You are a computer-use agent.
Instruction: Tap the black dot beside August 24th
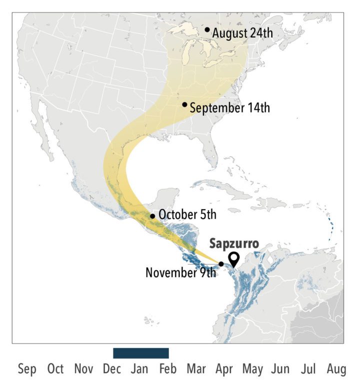tap(207, 30)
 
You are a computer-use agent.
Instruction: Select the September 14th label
tap(230, 107)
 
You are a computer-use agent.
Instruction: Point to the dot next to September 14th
tap(185, 104)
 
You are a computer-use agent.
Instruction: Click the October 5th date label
tap(187, 215)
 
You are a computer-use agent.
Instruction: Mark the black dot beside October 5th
tap(152, 216)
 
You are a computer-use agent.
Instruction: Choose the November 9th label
tap(180, 273)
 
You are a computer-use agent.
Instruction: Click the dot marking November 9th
tap(221, 264)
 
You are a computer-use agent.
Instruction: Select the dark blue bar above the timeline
tap(141, 353)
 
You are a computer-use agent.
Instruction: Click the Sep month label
tap(27, 370)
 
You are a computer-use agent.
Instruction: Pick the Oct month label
tap(55, 370)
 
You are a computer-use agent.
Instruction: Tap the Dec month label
tap(111, 370)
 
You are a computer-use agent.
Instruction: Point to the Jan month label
tap(139, 370)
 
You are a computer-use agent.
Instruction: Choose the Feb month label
tap(168, 370)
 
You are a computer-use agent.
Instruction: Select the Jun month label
tap(280, 370)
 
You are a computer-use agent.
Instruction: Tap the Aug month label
tap(336, 370)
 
